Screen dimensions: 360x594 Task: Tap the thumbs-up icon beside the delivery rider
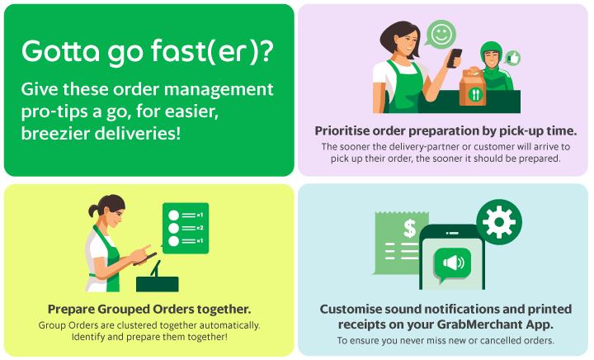point(514,58)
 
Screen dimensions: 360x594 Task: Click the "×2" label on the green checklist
point(200,227)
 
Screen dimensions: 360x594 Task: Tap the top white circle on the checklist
point(173,213)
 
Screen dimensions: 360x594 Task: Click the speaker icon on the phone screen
point(452,264)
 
